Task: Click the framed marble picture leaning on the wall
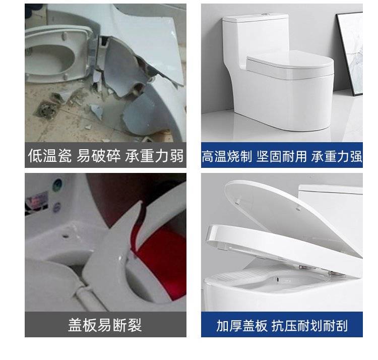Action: (350, 53)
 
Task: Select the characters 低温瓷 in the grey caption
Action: (50, 155)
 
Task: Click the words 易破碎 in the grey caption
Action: (99, 155)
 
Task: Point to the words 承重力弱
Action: (154, 155)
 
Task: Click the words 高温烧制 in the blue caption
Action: (227, 156)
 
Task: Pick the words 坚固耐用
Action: (282, 156)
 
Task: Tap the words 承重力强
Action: (337, 156)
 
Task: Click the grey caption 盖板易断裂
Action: (105, 325)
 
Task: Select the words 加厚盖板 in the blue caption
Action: (242, 326)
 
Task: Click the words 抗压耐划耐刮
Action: (309, 326)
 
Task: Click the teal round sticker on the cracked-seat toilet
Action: (57, 185)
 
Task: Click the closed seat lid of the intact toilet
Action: (290, 64)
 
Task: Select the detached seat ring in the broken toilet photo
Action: (58, 54)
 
